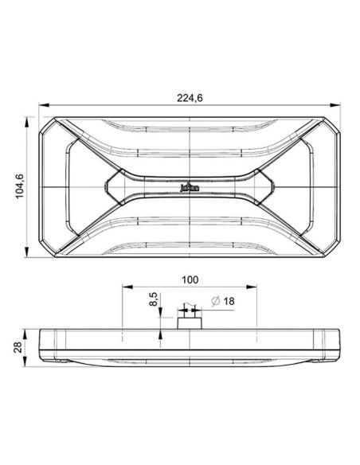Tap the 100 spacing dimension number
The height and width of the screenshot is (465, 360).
click(x=190, y=279)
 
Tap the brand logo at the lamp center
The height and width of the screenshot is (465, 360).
click(x=190, y=188)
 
